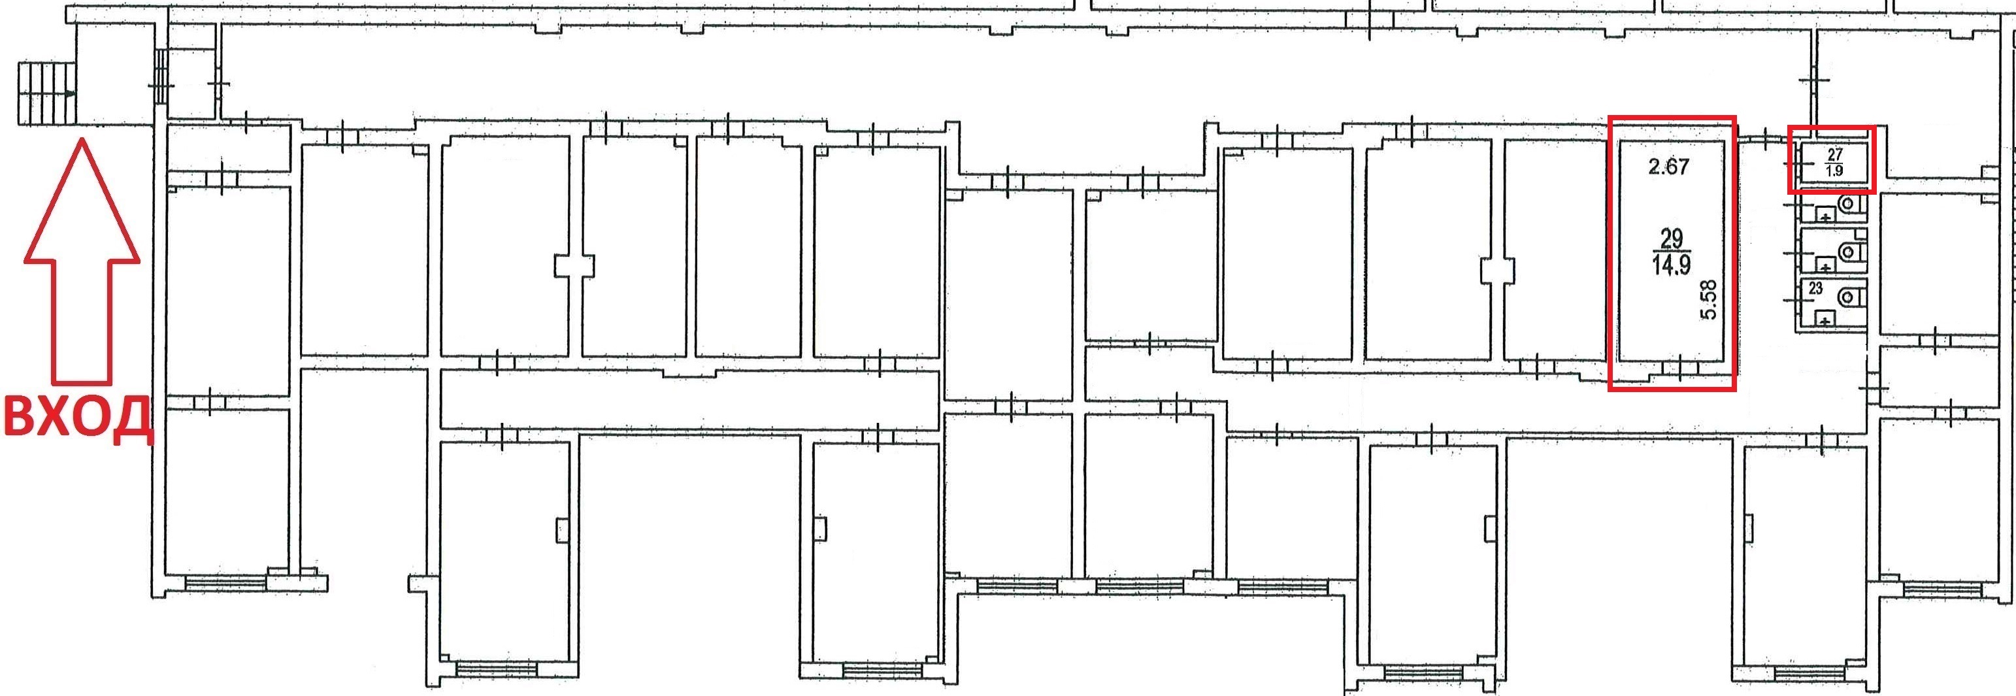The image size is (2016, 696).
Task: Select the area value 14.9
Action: coord(1671,265)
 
